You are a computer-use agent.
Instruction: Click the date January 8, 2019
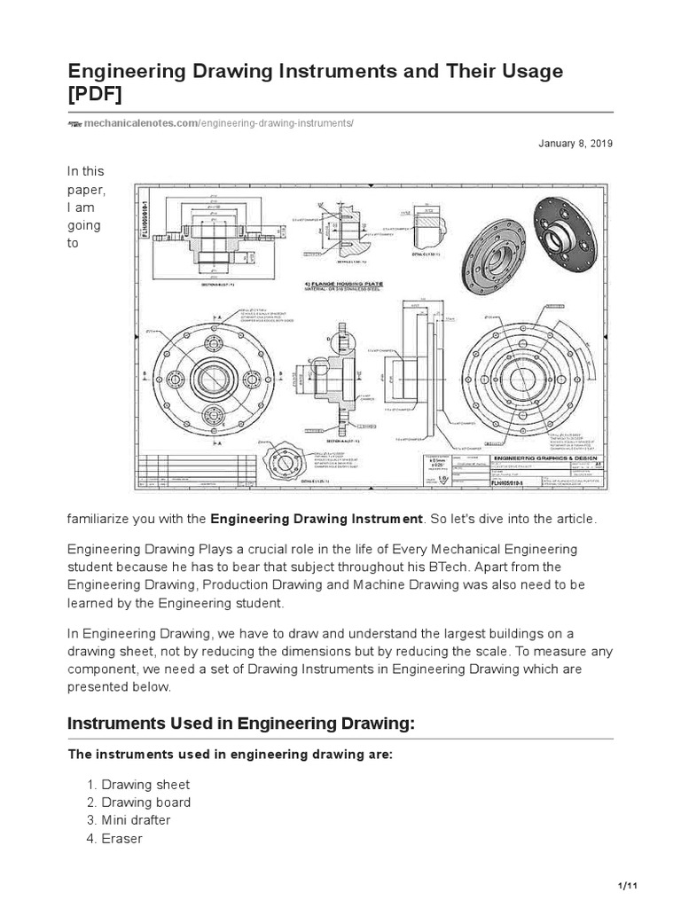click(575, 144)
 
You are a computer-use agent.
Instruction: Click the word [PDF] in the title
click(98, 94)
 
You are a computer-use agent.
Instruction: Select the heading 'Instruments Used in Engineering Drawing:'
click(241, 724)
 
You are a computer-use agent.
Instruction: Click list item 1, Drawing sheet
click(145, 785)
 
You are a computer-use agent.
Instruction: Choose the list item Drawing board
click(145, 802)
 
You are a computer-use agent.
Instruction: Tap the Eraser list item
click(122, 838)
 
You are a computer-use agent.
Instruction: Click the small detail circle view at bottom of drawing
click(286, 458)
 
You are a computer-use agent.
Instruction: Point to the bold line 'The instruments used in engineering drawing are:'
click(231, 755)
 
